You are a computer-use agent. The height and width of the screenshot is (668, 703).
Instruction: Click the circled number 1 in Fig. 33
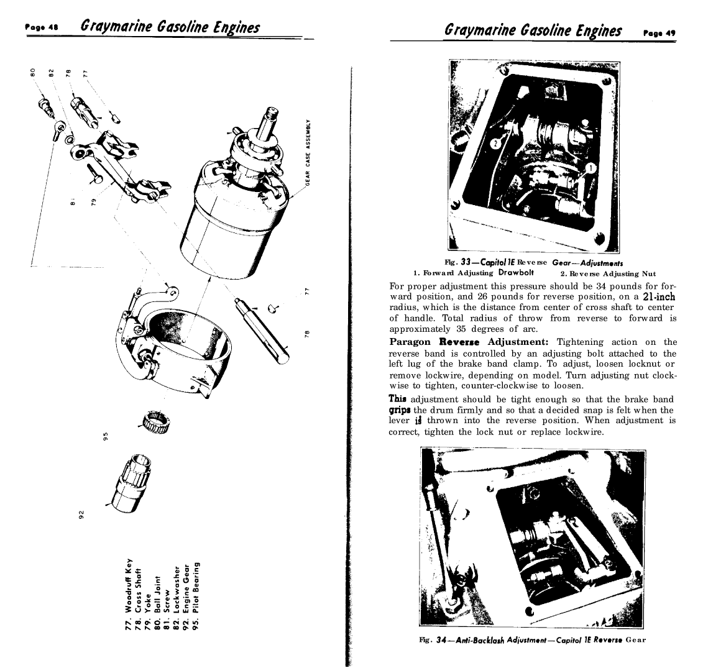(591, 168)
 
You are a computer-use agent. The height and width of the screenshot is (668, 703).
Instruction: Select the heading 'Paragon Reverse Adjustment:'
(468, 342)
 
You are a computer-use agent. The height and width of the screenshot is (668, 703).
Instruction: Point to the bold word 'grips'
(400, 410)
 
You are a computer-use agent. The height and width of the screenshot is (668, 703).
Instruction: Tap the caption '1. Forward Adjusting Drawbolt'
(475, 273)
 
